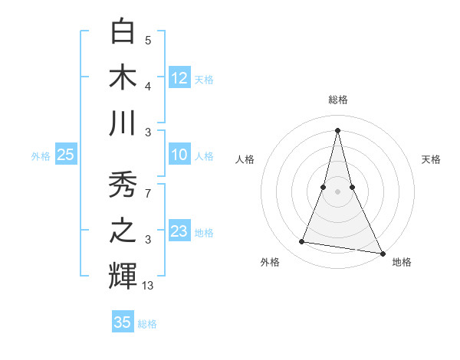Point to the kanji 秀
coord(123,186)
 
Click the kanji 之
coord(123,231)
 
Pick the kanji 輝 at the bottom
coord(123,277)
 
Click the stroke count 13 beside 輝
coord(149,286)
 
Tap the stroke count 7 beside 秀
coord(149,195)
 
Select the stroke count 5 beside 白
coord(148,40)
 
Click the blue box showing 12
coord(179,77)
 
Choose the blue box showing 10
coord(179,155)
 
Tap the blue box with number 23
coord(179,231)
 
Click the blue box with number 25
coord(65,155)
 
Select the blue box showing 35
coord(123,322)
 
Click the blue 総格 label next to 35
coord(147,324)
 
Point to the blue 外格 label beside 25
coord(41,156)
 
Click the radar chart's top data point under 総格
coord(337,129)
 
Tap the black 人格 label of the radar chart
coord(245,159)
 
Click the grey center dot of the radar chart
coord(337,191)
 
